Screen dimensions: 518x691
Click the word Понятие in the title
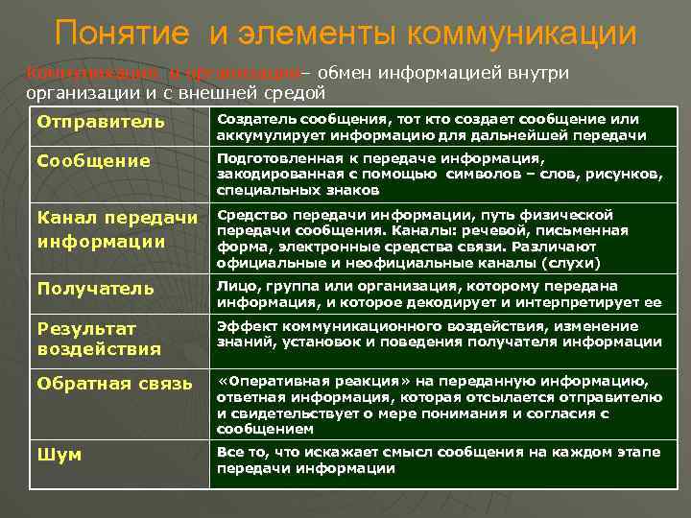(124, 34)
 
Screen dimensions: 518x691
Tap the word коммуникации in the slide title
(522, 34)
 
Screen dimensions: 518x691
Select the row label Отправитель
(101, 122)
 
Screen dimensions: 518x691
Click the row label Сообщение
(94, 161)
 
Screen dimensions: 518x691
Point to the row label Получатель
(95, 289)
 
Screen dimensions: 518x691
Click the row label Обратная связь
(107, 384)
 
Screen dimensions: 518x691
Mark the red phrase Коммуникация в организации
(163, 74)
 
